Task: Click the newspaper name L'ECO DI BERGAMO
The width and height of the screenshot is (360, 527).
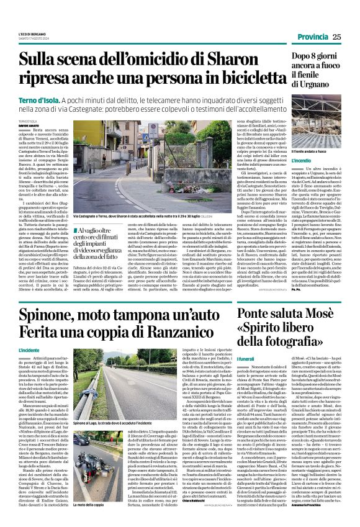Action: (32, 35)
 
